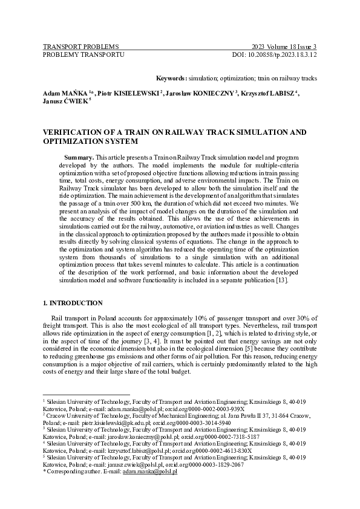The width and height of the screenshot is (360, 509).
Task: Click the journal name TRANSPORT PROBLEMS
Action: tap(80, 47)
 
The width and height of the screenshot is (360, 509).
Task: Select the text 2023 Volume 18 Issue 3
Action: tap(284, 47)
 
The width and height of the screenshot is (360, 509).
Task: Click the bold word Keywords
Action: tap(171, 79)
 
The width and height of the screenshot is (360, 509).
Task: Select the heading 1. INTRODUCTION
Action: tap(73, 303)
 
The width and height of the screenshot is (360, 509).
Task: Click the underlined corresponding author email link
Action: tap(150, 471)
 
